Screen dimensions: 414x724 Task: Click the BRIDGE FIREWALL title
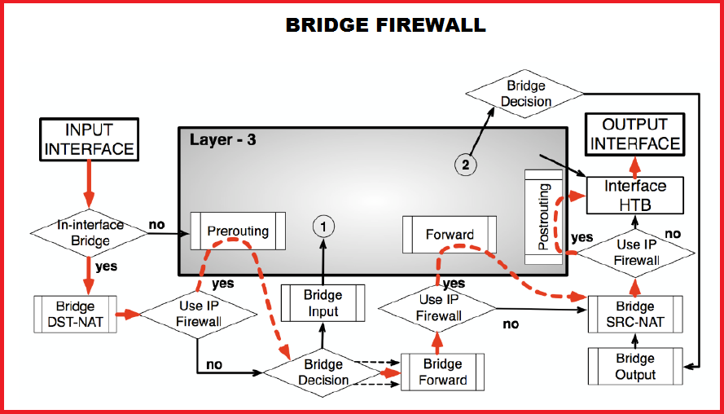[x=385, y=25]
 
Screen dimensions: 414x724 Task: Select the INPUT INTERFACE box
[x=89, y=139]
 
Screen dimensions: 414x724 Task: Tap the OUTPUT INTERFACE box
[x=634, y=134]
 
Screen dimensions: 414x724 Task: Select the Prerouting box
[x=238, y=231]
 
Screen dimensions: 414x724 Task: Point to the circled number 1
[x=323, y=226]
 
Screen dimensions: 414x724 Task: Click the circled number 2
[x=466, y=165]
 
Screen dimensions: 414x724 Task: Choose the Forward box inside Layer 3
[x=450, y=235]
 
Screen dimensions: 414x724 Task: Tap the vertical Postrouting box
[x=544, y=217]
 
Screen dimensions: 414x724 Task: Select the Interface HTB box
[x=634, y=196]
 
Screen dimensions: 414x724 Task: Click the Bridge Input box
[x=323, y=303]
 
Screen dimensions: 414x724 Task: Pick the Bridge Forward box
[x=442, y=372]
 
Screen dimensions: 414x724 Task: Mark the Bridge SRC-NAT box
[x=634, y=315]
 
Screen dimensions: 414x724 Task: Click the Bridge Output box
[x=634, y=367]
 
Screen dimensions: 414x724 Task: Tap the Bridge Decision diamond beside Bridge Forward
[x=325, y=372]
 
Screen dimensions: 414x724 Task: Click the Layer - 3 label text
[x=222, y=139]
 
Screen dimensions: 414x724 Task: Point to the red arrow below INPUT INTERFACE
[x=90, y=184]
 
